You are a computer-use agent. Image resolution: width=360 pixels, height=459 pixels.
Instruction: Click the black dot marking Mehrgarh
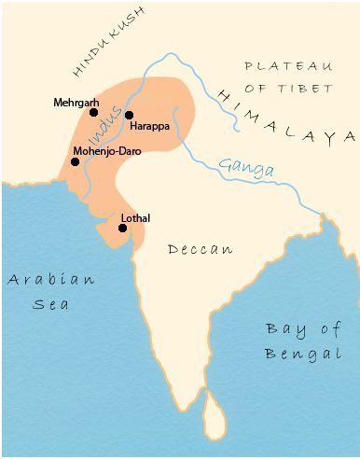pyautogui.click(x=93, y=112)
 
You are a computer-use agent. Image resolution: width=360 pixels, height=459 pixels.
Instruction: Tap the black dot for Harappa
pyautogui.click(x=129, y=115)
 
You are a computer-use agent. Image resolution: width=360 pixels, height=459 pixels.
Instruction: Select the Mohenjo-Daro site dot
pyautogui.click(x=75, y=161)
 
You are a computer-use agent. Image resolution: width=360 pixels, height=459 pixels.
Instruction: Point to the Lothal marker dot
pyautogui.click(x=122, y=228)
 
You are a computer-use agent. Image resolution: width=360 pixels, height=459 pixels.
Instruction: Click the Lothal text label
pyautogui.click(x=135, y=218)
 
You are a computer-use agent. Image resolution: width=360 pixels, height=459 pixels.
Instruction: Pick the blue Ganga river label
pyautogui.click(x=246, y=168)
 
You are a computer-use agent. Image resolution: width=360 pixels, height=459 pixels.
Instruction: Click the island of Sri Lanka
pyautogui.click(x=215, y=415)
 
